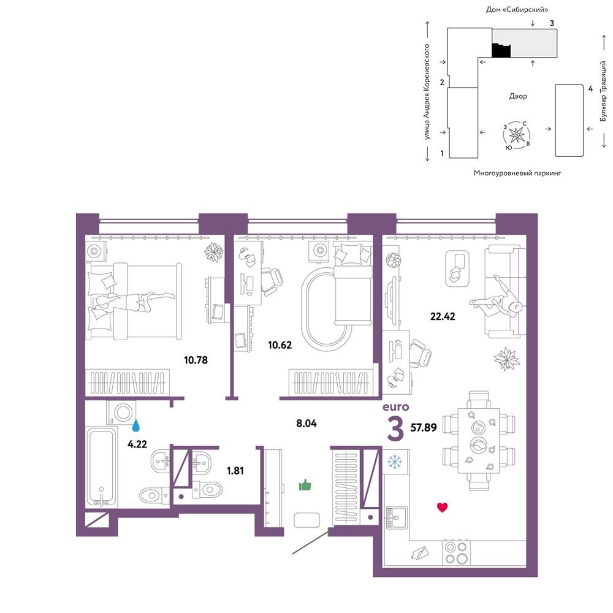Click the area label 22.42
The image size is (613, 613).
pos(443,316)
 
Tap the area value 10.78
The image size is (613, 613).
pos(196,360)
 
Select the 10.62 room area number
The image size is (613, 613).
pos(280,345)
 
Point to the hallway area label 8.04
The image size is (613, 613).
pos(306,423)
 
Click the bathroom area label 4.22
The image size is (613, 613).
pos(137,444)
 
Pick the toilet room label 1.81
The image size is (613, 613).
pos(235,471)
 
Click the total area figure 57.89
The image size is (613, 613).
pos(424,428)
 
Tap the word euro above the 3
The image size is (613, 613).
pos(395,407)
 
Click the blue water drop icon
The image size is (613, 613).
pos(136,425)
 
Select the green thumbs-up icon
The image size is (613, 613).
pos(305,485)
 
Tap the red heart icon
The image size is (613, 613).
pos(442,508)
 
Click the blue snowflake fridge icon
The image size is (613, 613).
pos(395,462)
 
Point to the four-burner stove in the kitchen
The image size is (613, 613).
pos(457,553)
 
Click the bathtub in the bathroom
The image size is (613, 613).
pos(101,468)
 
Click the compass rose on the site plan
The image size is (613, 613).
pos(517,135)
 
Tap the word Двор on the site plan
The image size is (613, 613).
pos(518,96)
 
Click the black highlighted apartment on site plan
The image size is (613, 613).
pos(501,50)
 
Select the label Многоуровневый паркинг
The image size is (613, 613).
pos(517,173)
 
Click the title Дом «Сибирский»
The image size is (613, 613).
pos(517,9)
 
